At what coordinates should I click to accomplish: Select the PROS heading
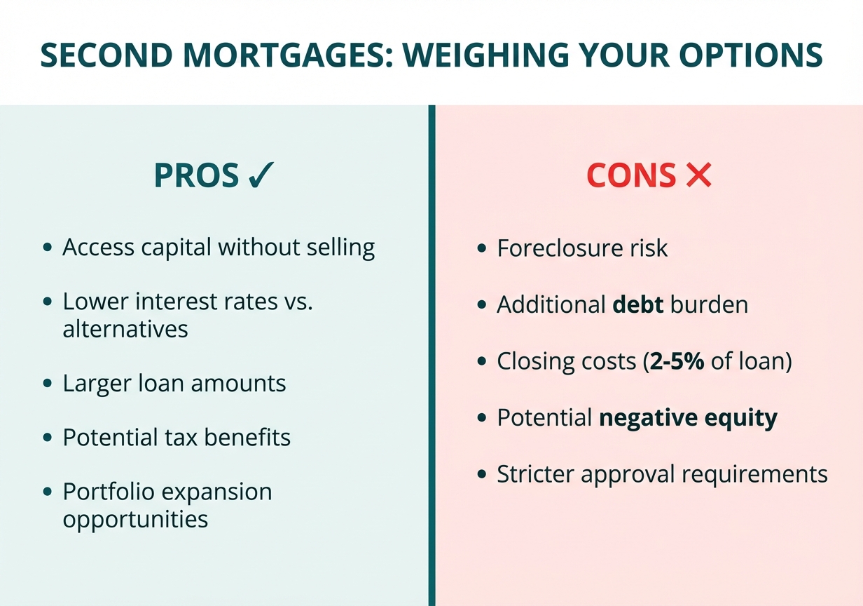coord(196,175)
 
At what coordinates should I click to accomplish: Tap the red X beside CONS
coord(698,175)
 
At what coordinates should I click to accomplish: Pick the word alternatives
coord(125,329)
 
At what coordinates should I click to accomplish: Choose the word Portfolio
coord(108,492)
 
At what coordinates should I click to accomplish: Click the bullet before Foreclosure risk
coord(481,249)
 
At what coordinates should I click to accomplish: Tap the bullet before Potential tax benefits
coord(47,438)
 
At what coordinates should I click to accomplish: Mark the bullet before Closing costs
coord(481,362)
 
